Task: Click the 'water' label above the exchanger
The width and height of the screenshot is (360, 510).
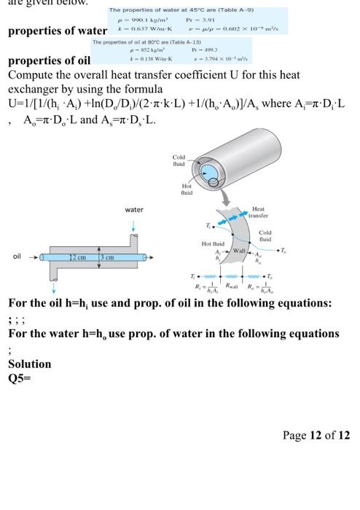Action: click(133, 210)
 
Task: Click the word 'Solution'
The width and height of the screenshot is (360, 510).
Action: click(29, 364)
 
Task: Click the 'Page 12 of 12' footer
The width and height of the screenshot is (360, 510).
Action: click(316, 436)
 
